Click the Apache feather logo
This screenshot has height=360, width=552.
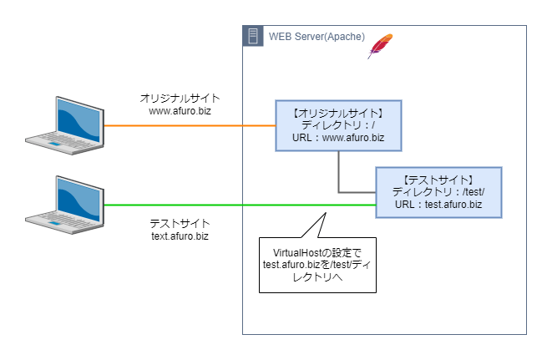coord(380,46)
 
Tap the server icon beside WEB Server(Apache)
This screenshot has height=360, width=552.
coord(253,36)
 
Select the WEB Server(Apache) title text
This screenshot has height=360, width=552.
coord(317,37)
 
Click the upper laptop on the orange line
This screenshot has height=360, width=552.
coord(65,125)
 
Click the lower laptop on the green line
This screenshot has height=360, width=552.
coord(65,205)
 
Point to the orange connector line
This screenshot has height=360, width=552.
coord(190,125)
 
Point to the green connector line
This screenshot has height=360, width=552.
coord(241,205)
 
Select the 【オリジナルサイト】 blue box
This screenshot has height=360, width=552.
coord(339,126)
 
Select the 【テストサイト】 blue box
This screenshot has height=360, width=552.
coord(438,193)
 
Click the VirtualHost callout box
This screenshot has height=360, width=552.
coord(317,265)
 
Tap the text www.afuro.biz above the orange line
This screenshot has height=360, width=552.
coord(180,111)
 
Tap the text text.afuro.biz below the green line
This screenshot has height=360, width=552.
coord(180,236)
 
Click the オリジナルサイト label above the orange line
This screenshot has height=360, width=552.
coord(180,99)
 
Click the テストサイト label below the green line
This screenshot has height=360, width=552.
coord(180,223)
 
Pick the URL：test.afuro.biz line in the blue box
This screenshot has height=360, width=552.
coord(438,205)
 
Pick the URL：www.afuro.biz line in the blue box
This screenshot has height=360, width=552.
coord(338,137)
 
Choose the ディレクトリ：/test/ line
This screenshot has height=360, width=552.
coord(438,192)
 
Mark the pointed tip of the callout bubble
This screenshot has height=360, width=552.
coord(326,213)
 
